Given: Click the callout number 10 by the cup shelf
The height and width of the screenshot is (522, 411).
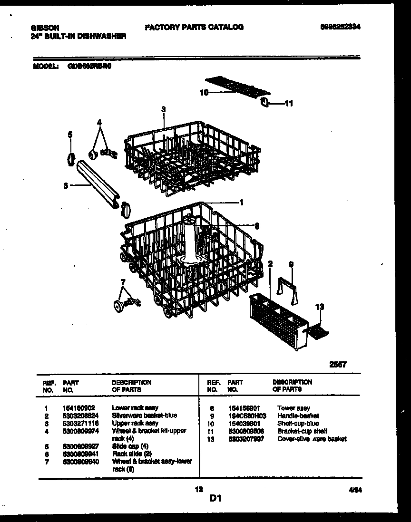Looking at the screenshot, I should (204, 93).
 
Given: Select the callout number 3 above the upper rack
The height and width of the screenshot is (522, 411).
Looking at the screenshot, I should (163, 109).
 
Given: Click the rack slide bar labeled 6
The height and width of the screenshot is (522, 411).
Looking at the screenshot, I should (100, 183).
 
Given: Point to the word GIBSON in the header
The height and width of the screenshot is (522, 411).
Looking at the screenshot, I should (41, 28).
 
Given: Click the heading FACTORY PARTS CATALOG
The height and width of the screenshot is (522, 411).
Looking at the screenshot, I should (194, 27).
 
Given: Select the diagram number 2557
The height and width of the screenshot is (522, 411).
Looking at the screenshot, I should (338, 364).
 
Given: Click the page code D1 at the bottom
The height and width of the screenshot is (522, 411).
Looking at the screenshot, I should (215, 498).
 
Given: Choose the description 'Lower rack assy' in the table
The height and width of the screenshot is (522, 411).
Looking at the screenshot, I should (135, 408).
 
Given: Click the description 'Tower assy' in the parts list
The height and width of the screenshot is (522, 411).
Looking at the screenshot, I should (294, 408).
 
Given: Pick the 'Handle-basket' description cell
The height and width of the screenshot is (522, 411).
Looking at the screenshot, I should (298, 416).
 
